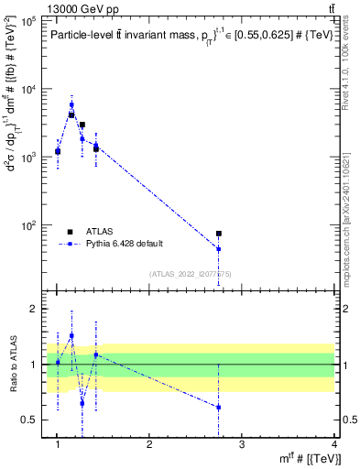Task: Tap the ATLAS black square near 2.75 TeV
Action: (x=219, y=234)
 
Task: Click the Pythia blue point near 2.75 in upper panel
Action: (x=219, y=249)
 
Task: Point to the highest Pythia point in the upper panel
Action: (x=71, y=104)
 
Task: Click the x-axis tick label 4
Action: (x=333, y=445)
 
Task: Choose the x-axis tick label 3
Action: (x=241, y=445)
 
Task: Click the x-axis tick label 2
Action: (x=149, y=445)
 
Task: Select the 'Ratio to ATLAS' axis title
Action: (x=12, y=365)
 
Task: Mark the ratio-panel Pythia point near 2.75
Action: (x=219, y=407)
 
